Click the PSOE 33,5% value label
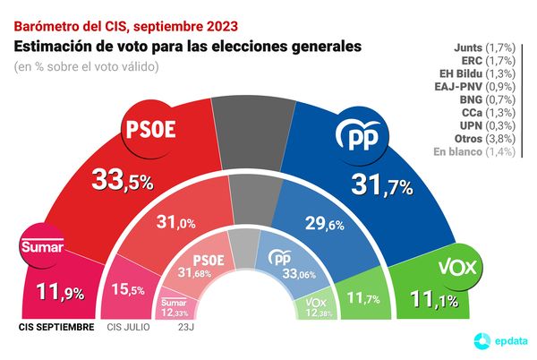(124, 181)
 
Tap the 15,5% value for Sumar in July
(127, 291)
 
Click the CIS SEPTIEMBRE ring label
(55, 327)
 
